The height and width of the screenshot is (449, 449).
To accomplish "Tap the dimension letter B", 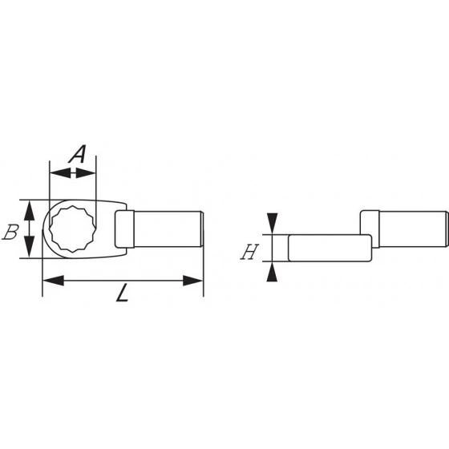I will tap(11, 233).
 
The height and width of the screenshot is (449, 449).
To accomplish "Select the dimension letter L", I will tap(122, 294).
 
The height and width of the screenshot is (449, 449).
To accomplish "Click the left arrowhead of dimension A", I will tap(55, 171).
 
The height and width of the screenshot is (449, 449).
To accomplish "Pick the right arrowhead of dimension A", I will tap(90, 171).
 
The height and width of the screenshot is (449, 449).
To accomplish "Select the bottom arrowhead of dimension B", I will tap(30, 250).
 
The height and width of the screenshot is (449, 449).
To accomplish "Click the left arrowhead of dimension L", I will tap(50, 281).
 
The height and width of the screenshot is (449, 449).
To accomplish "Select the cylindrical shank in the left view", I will tap(164, 229).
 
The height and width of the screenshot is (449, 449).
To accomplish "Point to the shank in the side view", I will tap(409, 229).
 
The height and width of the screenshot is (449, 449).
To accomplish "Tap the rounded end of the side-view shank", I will tap(445, 229).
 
